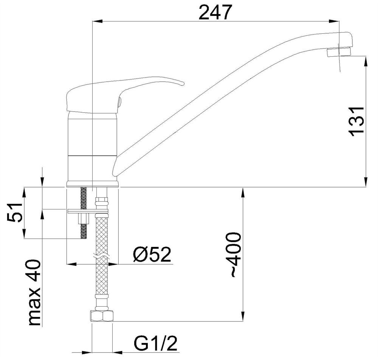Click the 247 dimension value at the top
click(x=215, y=12)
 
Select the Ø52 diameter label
click(x=152, y=254)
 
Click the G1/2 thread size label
click(x=156, y=343)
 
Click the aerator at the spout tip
click(x=339, y=52)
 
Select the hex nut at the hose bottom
click(x=101, y=316)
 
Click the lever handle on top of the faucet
click(x=121, y=94)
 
